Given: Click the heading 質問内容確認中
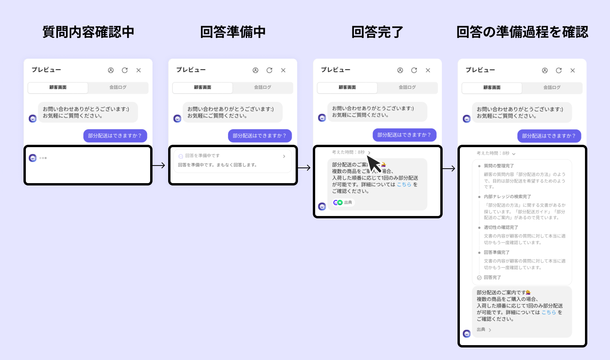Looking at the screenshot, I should [88, 32].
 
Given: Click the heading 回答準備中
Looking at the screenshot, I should [233, 32].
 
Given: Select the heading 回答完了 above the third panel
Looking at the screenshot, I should [377, 32].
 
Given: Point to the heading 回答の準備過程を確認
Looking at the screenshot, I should [522, 32].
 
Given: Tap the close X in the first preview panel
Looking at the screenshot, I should [138, 70].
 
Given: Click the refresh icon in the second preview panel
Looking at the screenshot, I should [269, 70].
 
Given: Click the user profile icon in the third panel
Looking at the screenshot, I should [400, 70].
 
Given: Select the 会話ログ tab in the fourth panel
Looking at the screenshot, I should [552, 88].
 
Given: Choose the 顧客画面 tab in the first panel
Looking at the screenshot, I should [58, 88].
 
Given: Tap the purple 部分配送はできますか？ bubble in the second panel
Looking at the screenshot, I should [260, 136].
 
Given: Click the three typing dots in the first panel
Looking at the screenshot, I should [43, 158].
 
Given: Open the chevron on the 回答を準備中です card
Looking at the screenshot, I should [284, 157].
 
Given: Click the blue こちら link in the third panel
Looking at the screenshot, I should [404, 185].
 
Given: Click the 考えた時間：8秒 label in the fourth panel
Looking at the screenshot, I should [493, 153].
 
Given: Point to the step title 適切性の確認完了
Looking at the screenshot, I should [501, 227].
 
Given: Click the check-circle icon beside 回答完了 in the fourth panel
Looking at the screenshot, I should [479, 277].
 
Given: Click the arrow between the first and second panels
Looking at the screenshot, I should [159, 166].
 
